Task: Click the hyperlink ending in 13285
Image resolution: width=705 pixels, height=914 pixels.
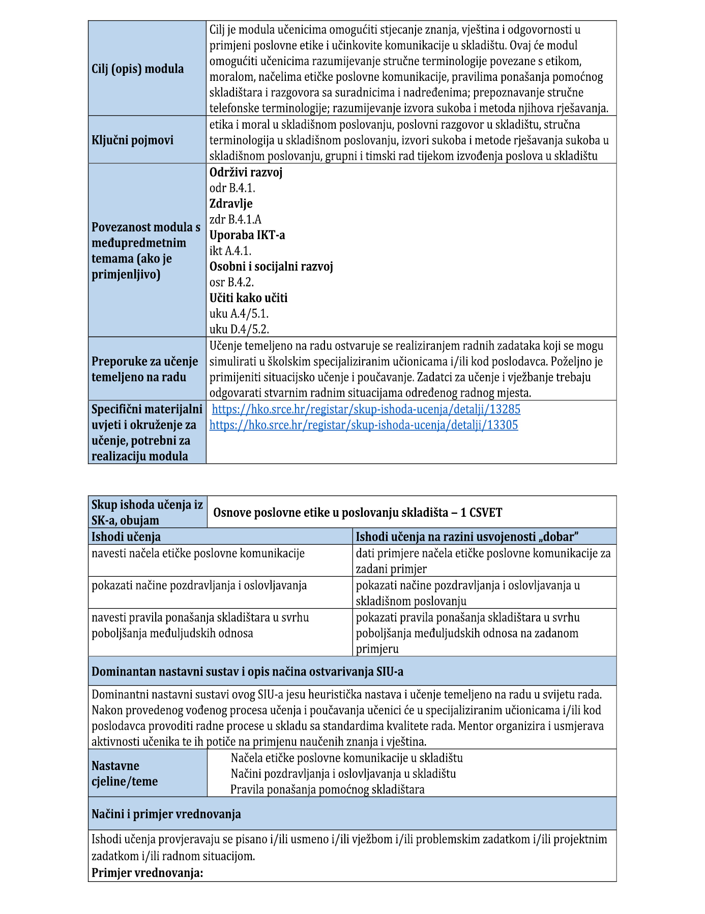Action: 366,409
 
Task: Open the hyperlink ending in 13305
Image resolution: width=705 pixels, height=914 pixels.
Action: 364,425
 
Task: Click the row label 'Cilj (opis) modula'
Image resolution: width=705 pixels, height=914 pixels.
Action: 138,69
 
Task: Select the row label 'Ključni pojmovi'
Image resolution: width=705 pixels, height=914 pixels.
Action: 132,140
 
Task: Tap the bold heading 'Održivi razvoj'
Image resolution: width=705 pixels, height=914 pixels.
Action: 246,172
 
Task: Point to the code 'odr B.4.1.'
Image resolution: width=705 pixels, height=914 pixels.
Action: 232,188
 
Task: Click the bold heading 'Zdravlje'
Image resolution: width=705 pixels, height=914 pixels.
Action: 231,204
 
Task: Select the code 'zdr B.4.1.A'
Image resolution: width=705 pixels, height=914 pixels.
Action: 236,220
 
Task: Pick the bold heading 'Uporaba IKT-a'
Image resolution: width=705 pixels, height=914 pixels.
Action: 247,235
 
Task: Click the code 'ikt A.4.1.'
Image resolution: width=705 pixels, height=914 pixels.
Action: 230,251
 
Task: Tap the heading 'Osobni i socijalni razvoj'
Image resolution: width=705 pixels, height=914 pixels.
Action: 271,267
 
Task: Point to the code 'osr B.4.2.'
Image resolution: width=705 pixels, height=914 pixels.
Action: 231,283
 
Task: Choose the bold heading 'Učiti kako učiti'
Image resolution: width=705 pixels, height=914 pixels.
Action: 248,299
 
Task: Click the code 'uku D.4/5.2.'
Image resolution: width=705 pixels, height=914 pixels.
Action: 239,330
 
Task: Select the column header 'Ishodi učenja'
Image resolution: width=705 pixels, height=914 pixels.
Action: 126,537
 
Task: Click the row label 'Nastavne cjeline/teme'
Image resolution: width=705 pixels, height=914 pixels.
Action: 125,774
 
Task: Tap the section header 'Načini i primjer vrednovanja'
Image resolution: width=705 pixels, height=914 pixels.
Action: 166,814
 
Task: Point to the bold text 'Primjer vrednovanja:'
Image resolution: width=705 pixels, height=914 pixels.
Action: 147,873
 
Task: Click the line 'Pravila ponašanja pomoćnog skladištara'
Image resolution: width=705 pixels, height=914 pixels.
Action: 327,790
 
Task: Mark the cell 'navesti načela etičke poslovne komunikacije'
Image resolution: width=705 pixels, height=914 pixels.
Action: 198,553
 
